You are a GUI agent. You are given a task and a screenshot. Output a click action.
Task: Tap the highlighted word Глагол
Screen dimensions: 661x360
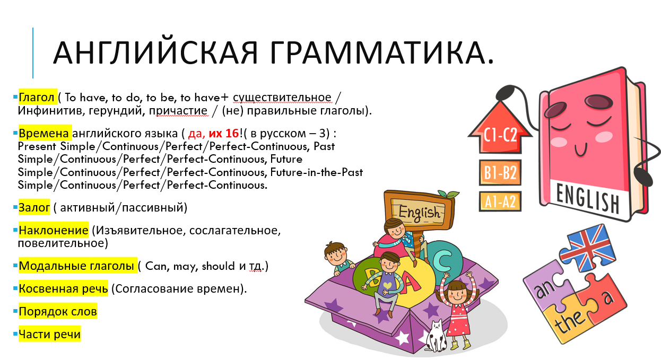[x=37, y=97]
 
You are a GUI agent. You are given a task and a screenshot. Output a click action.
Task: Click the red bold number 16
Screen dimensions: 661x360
[x=232, y=133]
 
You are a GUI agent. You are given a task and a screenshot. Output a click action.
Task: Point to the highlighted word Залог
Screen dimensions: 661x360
[x=34, y=207]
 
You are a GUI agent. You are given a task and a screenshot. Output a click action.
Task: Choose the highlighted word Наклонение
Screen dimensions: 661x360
[x=54, y=230]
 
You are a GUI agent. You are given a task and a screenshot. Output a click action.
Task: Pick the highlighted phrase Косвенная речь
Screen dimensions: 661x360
[x=63, y=288]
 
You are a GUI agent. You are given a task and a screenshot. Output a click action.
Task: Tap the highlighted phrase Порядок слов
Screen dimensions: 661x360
[x=58, y=311]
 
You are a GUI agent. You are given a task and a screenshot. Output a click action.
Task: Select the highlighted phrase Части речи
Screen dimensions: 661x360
[x=49, y=334]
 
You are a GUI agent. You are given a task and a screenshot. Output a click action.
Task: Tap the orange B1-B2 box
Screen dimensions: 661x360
[x=500, y=172]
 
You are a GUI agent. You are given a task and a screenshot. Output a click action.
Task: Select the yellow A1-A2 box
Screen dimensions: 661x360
[x=500, y=201]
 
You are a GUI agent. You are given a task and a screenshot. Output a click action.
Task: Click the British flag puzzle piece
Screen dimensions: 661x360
[x=587, y=244]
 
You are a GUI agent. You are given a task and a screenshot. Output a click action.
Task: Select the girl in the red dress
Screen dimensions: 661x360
[x=457, y=310]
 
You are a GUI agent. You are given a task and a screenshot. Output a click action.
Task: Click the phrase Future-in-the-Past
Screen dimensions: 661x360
[x=316, y=172]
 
